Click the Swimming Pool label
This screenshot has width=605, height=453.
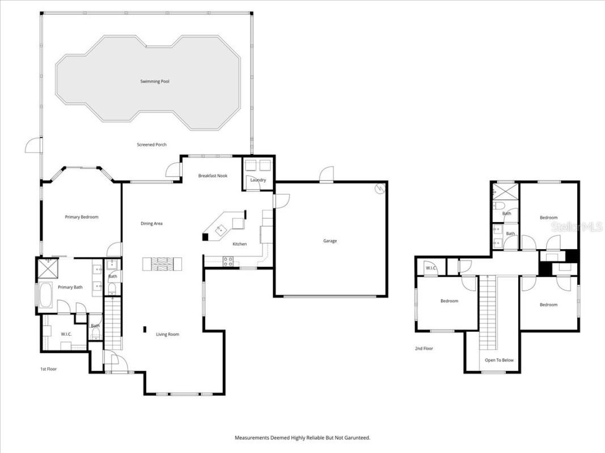(155, 82)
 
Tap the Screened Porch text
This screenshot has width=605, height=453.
(151, 145)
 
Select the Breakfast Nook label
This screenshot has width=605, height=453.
(213, 176)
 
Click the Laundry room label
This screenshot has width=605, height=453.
(258, 180)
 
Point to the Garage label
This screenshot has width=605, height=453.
(330, 241)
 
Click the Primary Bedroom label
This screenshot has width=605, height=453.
(82, 217)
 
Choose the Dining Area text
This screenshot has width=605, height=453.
(151, 224)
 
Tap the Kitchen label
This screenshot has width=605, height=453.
(239, 244)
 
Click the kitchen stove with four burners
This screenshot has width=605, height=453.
(229, 261)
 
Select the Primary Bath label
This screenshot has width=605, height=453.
(70, 288)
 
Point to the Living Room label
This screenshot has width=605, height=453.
(167, 335)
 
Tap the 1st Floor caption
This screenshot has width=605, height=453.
(48, 369)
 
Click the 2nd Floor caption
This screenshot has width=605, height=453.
(424, 349)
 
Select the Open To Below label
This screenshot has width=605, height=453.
(499, 360)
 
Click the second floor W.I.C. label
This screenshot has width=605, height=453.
(430, 268)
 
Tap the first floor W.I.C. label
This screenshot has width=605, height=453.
(66, 335)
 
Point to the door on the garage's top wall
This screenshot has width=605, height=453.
(327, 175)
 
